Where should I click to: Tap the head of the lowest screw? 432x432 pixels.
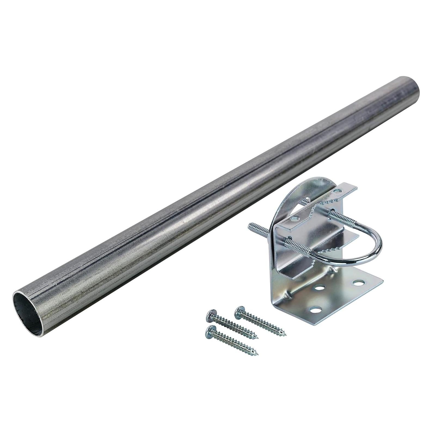211,330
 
